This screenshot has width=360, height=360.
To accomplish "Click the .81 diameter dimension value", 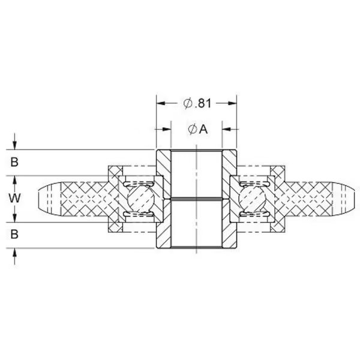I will click(x=202, y=103).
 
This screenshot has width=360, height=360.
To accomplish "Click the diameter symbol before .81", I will click(x=187, y=103).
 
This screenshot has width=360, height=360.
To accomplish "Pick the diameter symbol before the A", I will click(x=191, y=129).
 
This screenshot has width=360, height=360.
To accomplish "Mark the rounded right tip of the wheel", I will click(x=352, y=199).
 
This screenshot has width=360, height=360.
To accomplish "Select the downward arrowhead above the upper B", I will click(x=14, y=146).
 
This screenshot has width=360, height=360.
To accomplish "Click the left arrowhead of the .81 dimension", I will click(x=160, y=103).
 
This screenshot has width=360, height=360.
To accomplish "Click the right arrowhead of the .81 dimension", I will click(x=235, y=103).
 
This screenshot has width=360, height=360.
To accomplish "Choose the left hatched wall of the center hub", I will click(x=164, y=199).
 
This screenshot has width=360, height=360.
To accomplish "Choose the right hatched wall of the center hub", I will click(x=230, y=199).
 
